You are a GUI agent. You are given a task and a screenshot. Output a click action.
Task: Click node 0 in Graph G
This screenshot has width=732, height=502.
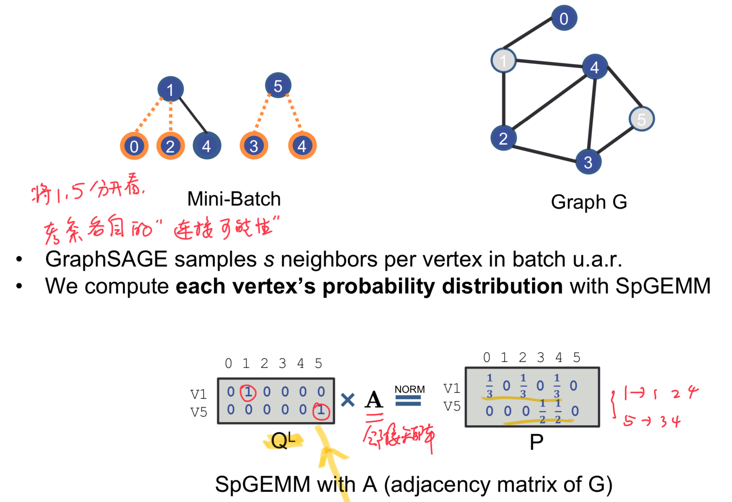564,18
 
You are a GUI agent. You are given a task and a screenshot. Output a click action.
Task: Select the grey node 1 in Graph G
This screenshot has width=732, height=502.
503,61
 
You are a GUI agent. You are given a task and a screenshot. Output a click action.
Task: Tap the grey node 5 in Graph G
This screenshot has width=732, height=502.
642,119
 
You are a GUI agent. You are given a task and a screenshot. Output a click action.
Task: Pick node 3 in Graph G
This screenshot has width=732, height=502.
588,162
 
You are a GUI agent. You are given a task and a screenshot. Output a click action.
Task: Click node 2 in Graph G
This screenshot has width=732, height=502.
503,138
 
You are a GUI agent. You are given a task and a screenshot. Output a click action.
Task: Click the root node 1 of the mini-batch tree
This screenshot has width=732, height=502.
170,89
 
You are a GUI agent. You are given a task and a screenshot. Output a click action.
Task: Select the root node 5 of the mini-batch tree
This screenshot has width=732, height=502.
278,86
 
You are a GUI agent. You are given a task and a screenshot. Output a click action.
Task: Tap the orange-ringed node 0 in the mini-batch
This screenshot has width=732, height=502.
134,146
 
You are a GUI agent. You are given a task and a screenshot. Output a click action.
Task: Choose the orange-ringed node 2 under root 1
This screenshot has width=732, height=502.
170,146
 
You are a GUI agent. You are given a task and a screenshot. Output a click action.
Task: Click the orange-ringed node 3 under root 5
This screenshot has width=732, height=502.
254,146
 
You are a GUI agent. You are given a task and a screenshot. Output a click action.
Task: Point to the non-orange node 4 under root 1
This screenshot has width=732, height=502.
207,146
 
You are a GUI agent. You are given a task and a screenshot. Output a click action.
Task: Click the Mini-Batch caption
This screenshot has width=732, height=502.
234,199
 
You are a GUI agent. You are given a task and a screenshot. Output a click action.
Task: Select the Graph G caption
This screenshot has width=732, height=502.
589,202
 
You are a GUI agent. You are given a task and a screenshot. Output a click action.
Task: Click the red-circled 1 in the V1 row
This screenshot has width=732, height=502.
248,392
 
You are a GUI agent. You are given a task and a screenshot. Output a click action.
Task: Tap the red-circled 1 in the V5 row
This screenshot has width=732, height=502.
321,410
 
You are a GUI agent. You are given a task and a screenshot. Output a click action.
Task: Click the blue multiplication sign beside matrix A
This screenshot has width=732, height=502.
347,400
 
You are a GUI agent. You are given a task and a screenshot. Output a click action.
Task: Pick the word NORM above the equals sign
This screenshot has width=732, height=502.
410,390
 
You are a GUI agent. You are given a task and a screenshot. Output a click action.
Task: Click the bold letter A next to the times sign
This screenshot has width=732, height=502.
374,399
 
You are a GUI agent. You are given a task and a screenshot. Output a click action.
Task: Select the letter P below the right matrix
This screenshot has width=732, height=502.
536,442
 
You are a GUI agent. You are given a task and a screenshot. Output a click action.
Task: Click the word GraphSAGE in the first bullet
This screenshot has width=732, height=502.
106,259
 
